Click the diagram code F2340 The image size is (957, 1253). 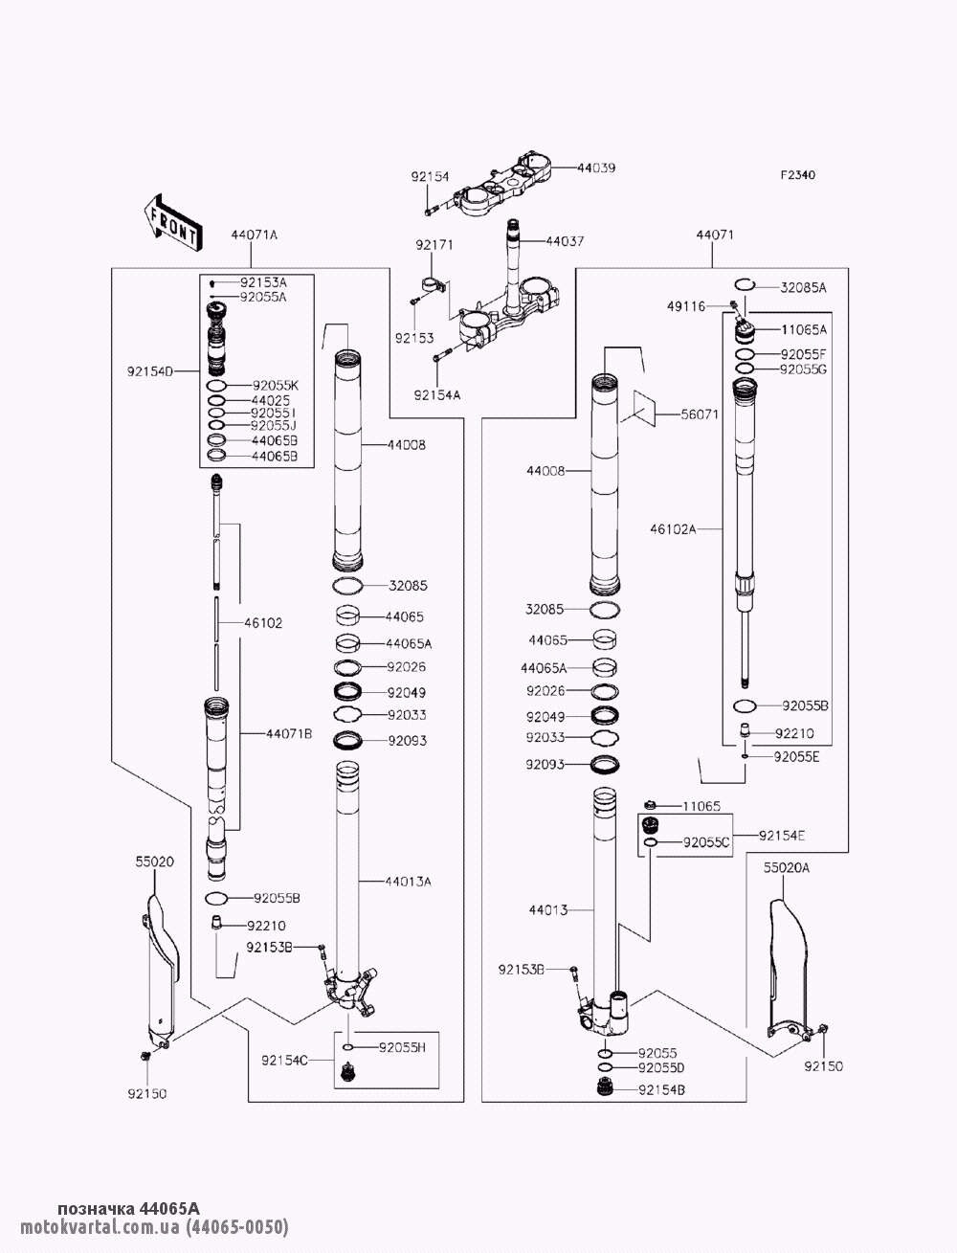click(x=796, y=175)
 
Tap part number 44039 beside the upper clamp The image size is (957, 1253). click(x=596, y=168)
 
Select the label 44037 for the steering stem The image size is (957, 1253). click(x=565, y=241)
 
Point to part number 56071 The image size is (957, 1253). click(x=700, y=415)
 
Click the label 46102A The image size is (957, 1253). click(x=676, y=527)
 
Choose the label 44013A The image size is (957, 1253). click(x=408, y=881)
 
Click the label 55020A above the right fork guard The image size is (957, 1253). click(x=786, y=867)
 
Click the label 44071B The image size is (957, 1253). click(x=289, y=734)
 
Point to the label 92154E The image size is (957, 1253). click(x=782, y=836)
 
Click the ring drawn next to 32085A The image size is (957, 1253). click(x=746, y=285)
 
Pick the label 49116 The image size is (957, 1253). click(x=686, y=306)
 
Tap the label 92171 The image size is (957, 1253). click(x=434, y=246)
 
